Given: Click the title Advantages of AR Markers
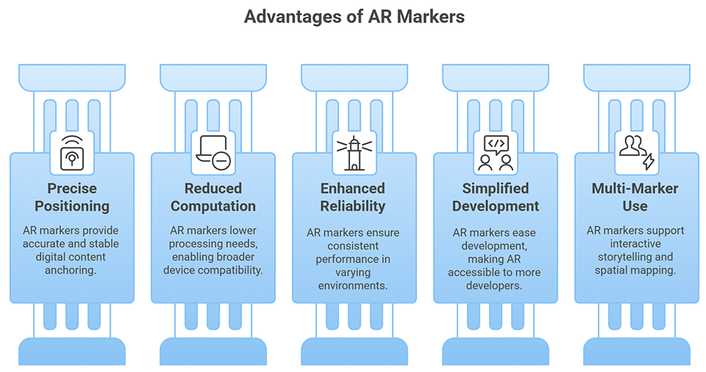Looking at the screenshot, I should [354, 16].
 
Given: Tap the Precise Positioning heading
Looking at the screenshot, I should [72, 197].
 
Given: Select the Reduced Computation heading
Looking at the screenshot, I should [213, 197].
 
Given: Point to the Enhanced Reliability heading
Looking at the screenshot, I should [353, 197].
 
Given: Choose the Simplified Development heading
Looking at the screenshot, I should [496, 197].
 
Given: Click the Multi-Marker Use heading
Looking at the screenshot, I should [635, 197].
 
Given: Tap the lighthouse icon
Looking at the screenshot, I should [353, 153].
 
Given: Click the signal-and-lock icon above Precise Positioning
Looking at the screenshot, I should [71, 152].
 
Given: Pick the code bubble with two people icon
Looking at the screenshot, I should [496, 152].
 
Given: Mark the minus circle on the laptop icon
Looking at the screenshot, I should [221, 162].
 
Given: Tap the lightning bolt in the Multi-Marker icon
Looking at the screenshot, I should [647, 162].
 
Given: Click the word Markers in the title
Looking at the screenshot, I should [431, 16].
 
